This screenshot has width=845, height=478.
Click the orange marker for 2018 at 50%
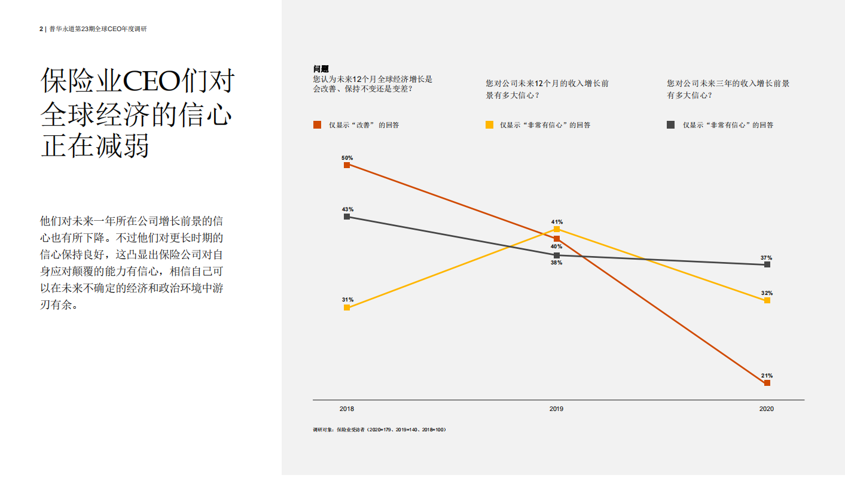click(x=347, y=165)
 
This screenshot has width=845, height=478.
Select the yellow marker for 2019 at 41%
click(x=557, y=229)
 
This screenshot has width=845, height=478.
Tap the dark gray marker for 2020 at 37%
click(x=767, y=264)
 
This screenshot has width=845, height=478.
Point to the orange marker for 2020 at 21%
click(x=767, y=383)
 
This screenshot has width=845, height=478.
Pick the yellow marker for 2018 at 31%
click(x=347, y=307)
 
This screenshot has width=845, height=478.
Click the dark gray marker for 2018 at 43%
click(x=347, y=217)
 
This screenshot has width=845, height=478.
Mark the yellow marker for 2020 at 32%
click(x=767, y=300)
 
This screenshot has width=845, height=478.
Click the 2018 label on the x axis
click(x=347, y=409)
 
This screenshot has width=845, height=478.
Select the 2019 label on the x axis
click(x=556, y=409)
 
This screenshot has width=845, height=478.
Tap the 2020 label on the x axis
click(x=766, y=409)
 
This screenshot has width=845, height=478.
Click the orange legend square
click(x=318, y=125)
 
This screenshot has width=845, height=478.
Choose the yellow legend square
click(x=489, y=125)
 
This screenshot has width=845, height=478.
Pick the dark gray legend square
click(x=671, y=125)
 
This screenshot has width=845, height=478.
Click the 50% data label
click(x=347, y=158)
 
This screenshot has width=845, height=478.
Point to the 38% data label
click(x=556, y=263)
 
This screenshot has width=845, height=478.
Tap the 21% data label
click(x=767, y=376)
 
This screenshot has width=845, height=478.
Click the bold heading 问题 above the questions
click(x=321, y=69)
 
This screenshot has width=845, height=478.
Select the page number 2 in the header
click(x=41, y=29)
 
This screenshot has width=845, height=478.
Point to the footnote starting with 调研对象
click(x=379, y=430)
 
